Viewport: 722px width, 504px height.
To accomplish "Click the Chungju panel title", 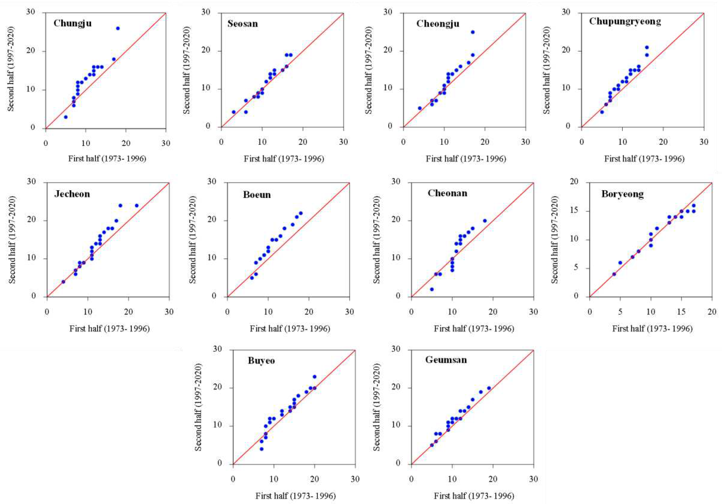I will (73, 23).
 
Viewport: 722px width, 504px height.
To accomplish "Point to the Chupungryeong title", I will (625, 21).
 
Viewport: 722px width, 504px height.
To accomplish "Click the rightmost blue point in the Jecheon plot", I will (137, 206).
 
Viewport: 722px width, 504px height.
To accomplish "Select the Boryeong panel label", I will (622, 194).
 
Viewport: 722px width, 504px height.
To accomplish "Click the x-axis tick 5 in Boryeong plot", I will (620, 312).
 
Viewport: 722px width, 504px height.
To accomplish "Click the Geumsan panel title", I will (446, 360).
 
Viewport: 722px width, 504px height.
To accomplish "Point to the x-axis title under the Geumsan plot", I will (474, 496).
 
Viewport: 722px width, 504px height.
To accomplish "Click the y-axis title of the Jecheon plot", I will (12, 240).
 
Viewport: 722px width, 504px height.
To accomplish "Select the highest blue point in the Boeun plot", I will (301, 213).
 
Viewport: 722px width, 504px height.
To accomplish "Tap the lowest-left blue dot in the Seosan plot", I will (234, 112).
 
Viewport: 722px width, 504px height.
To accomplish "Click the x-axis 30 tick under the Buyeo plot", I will (355, 479).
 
